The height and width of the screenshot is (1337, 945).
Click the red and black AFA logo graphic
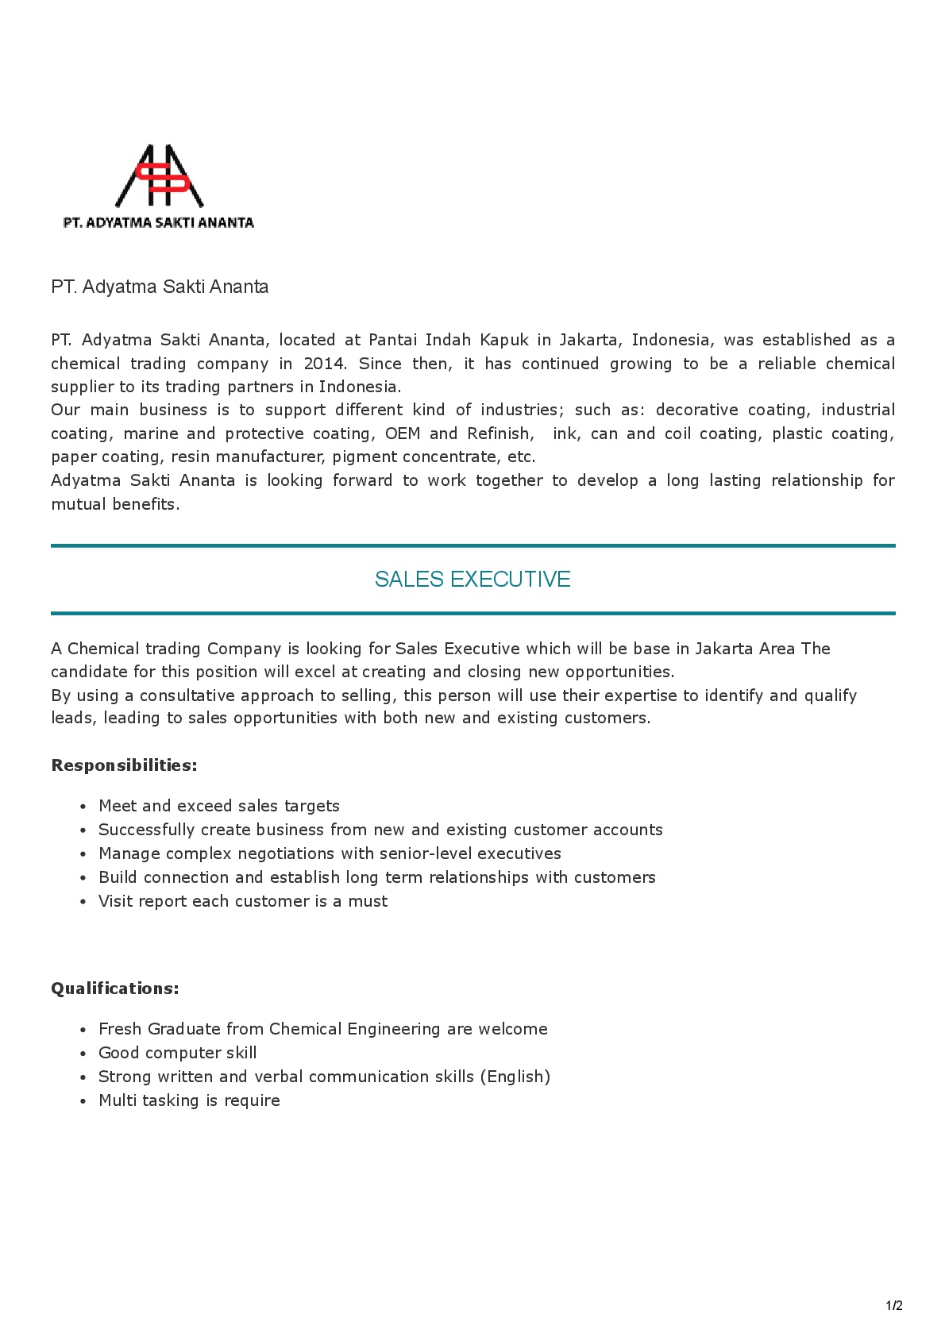[x=160, y=176]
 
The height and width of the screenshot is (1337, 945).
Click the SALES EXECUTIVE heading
[x=472, y=580]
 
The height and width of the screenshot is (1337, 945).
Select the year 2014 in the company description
[x=324, y=364]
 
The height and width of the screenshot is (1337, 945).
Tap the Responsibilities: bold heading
[x=124, y=765]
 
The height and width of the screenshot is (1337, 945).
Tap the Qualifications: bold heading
[x=115, y=988]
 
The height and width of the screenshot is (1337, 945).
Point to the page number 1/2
[x=894, y=1306]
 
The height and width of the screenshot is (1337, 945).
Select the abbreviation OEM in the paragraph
[x=402, y=433]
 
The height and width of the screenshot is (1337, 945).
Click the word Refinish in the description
[x=499, y=433]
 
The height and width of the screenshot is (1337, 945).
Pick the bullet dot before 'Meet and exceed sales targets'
[x=83, y=807]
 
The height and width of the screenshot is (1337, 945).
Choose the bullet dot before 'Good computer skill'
[x=83, y=1054]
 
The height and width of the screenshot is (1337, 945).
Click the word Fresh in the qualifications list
[x=120, y=1029]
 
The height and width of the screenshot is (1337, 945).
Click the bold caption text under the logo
[x=159, y=223]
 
